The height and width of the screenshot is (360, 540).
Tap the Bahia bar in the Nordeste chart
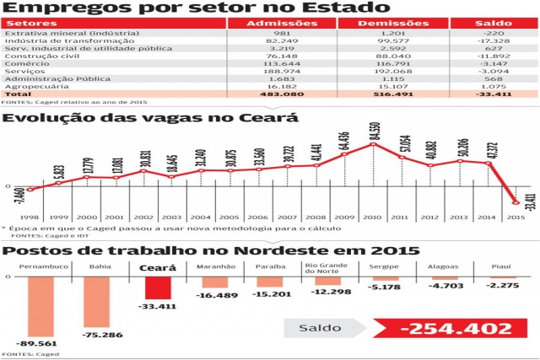99,303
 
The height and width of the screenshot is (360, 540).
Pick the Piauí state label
504,266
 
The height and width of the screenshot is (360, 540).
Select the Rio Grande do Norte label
325,269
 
